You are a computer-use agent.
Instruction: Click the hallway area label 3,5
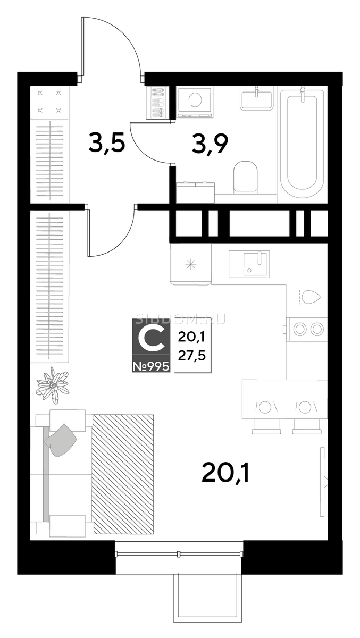(x=106, y=144)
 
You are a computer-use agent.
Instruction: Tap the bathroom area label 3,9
(x=210, y=144)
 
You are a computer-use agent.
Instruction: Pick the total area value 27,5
(x=191, y=356)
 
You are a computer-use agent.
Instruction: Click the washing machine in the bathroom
(x=195, y=102)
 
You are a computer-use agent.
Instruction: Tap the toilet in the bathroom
(x=245, y=177)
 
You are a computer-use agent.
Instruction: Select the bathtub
(x=302, y=145)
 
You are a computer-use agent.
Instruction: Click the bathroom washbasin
(x=257, y=98)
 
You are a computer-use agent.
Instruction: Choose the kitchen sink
(x=249, y=264)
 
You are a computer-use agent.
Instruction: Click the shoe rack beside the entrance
(x=157, y=103)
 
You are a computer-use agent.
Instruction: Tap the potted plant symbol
(x=52, y=385)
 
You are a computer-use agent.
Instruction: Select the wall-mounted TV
(x=323, y=482)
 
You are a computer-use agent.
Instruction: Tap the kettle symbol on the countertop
(x=309, y=297)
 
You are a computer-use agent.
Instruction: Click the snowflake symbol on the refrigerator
(x=191, y=265)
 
